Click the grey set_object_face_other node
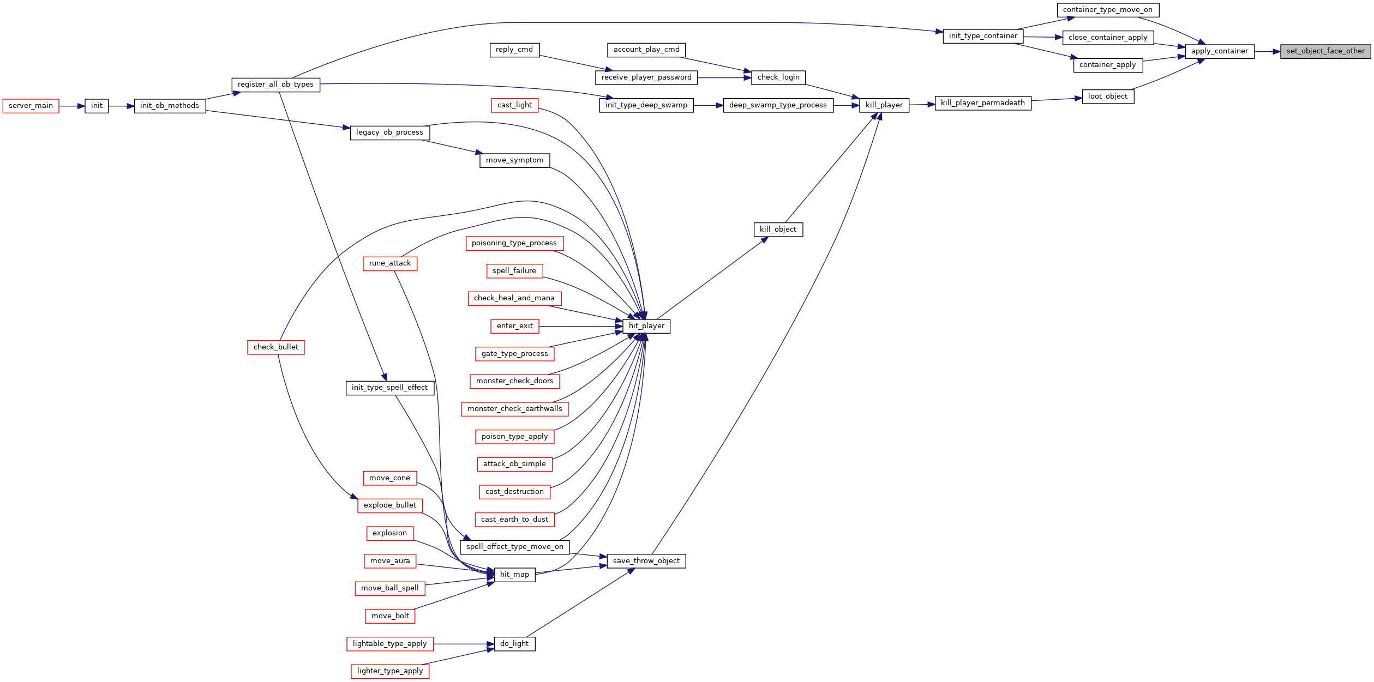[x=1325, y=51]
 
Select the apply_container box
[x=1219, y=51]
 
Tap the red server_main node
[x=31, y=106]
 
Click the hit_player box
[x=646, y=326]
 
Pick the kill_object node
[x=778, y=230]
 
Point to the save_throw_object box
[x=646, y=561]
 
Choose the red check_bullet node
[x=275, y=347]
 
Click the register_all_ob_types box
[x=275, y=85]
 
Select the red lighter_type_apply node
[x=389, y=671]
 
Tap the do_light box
[x=514, y=644]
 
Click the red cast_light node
[x=514, y=105]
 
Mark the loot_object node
[x=1107, y=96]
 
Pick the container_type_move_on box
[x=1107, y=10]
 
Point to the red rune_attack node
[x=389, y=263]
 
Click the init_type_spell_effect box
[x=389, y=388]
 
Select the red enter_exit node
[x=514, y=326]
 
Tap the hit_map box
[x=514, y=575]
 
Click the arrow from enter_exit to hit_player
[x=580, y=326]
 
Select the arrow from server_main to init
[x=71, y=106]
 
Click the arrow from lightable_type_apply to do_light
[x=464, y=644]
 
